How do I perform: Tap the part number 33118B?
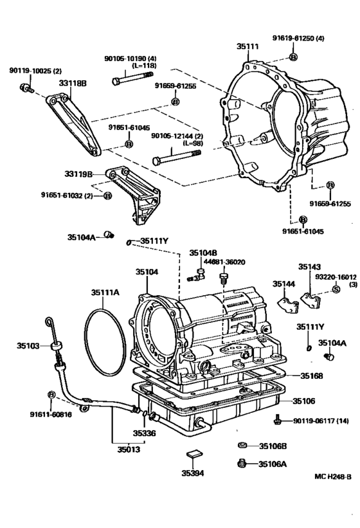pos(75,84)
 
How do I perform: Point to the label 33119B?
pos(78,174)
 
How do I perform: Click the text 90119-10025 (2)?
pos(35,70)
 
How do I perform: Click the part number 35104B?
pos(203,253)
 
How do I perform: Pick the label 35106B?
pos(273,446)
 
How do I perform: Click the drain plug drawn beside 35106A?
pos(242,462)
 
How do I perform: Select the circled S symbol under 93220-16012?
pos(335,290)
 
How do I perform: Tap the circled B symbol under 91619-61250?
pos(293,58)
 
